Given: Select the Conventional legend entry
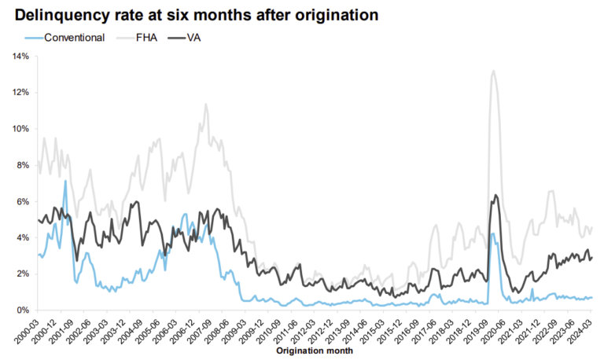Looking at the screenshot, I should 72,37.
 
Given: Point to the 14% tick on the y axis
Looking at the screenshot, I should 20,56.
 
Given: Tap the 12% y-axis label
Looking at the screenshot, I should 20,92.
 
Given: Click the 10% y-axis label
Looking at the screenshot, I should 20,128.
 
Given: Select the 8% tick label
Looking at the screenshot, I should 22,165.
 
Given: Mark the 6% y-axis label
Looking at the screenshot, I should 22,201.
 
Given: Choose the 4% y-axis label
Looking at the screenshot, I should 22,237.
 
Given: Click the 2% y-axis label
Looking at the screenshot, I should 22,274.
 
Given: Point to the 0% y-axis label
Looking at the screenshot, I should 22,310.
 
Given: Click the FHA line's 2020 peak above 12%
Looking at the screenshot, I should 492,72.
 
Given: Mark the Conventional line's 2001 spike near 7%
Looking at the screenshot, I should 64,181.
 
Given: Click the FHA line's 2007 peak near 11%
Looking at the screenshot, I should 205,104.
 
